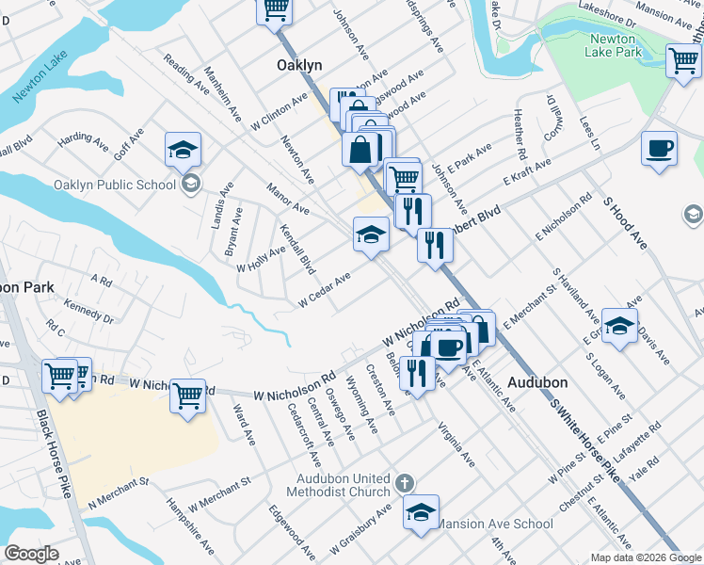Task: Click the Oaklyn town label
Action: [299, 65]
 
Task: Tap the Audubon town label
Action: [537, 383]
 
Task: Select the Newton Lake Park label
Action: [616, 45]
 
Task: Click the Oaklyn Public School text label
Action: [115, 185]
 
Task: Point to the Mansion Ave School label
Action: [496, 524]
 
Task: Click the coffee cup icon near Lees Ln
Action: [659, 149]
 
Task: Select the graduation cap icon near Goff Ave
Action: [183, 149]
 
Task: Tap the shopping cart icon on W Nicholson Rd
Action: [188, 395]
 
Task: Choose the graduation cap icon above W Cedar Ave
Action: [371, 234]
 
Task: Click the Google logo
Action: [31, 554]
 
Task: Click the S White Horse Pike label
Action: [585, 439]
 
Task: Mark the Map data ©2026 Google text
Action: [645, 557]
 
